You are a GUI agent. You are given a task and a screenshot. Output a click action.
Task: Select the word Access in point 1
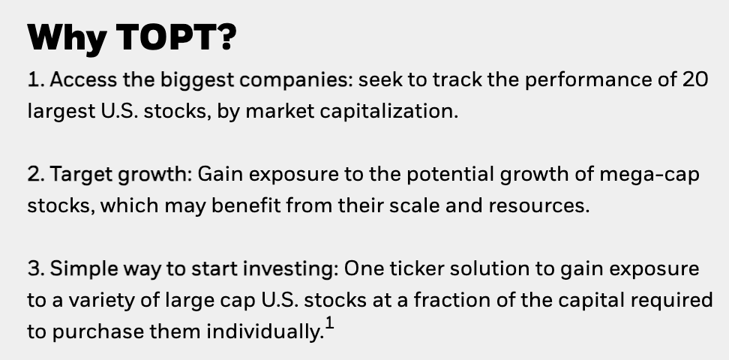pos(84,79)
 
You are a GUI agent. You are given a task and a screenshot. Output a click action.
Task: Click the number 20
pos(694,79)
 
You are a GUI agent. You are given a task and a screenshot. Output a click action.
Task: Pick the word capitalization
pos(389,111)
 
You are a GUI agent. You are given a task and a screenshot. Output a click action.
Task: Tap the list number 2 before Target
pos(34,174)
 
